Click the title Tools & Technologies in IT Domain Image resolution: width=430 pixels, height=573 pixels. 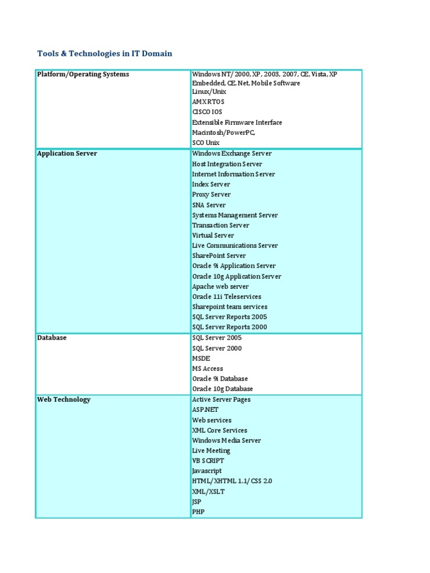tap(105, 54)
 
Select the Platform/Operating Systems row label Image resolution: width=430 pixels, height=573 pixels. tap(83, 74)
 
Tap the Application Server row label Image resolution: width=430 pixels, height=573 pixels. tap(67, 153)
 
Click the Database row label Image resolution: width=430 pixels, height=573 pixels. tap(52, 338)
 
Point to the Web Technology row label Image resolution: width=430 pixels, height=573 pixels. tap(64, 400)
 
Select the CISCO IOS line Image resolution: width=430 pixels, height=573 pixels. tap(207, 112)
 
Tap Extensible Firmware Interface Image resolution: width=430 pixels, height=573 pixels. tap(237, 123)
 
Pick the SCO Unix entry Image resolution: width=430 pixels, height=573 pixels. tap(205, 143)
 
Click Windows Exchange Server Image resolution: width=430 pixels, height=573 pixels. tap(232, 153)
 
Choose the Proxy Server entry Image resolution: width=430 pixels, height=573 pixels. tap(211, 195)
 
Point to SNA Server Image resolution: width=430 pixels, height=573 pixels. tap(209, 205)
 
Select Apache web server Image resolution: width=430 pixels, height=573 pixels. tap(220, 286)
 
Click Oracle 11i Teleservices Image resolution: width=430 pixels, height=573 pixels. tap(226, 297)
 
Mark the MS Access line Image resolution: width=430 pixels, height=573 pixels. tap(207, 369)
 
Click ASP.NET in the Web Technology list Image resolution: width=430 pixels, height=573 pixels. tap(204, 410)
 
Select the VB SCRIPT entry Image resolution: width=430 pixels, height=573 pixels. tap(208, 461)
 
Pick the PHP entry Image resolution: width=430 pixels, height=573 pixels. tap(198, 512)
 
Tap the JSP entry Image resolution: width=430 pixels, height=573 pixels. tap(197, 502)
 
